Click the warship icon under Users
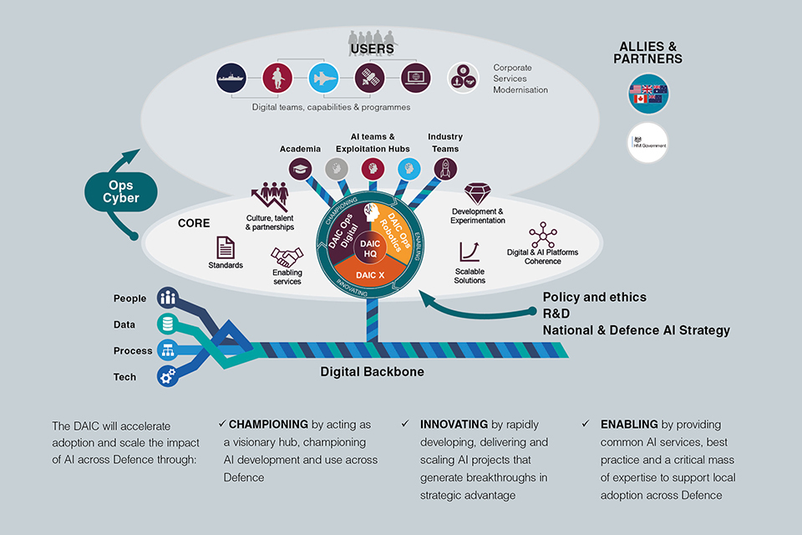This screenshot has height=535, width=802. tap(231, 78)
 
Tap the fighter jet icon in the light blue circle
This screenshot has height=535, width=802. tap(322, 78)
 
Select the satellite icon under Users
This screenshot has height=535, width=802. tap(368, 78)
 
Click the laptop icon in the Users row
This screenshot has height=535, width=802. tap(415, 78)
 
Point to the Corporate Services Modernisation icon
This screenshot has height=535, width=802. tap(462, 78)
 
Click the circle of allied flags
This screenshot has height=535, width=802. tap(648, 94)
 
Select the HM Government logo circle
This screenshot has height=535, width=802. tap(648, 143)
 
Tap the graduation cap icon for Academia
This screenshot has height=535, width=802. tap(300, 168)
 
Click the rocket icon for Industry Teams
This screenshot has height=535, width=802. tap(445, 168)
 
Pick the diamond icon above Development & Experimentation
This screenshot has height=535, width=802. tap(477, 194)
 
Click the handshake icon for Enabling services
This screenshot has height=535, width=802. tap(287, 256)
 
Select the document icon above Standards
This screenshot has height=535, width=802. tap(226, 247)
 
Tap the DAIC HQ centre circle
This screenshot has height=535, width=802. tap(369, 248)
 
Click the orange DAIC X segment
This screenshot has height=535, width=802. tap(369, 275)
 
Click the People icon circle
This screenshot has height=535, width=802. tap(169, 298)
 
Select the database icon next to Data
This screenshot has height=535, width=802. tap(169, 324)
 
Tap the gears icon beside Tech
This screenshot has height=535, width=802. tap(169, 377)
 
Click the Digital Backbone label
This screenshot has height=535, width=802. tap(372, 372)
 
